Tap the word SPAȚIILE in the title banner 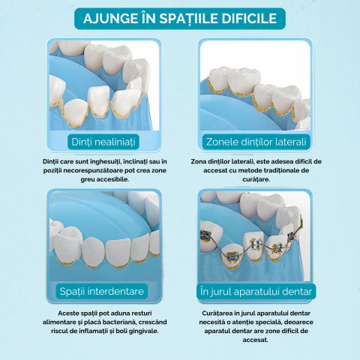pyautogui.click(x=188, y=19)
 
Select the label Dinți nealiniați pyautogui.click(x=103, y=142)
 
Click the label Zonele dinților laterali pyautogui.click(x=256, y=142)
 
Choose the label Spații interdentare pyautogui.click(x=102, y=291)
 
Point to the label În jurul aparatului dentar pyautogui.click(x=256, y=292)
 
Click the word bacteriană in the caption pyautogui.click(x=118, y=322)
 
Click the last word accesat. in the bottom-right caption pyautogui.click(x=255, y=340)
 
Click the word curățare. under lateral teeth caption pyautogui.click(x=256, y=179)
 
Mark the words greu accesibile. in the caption pyautogui.click(x=105, y=179)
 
